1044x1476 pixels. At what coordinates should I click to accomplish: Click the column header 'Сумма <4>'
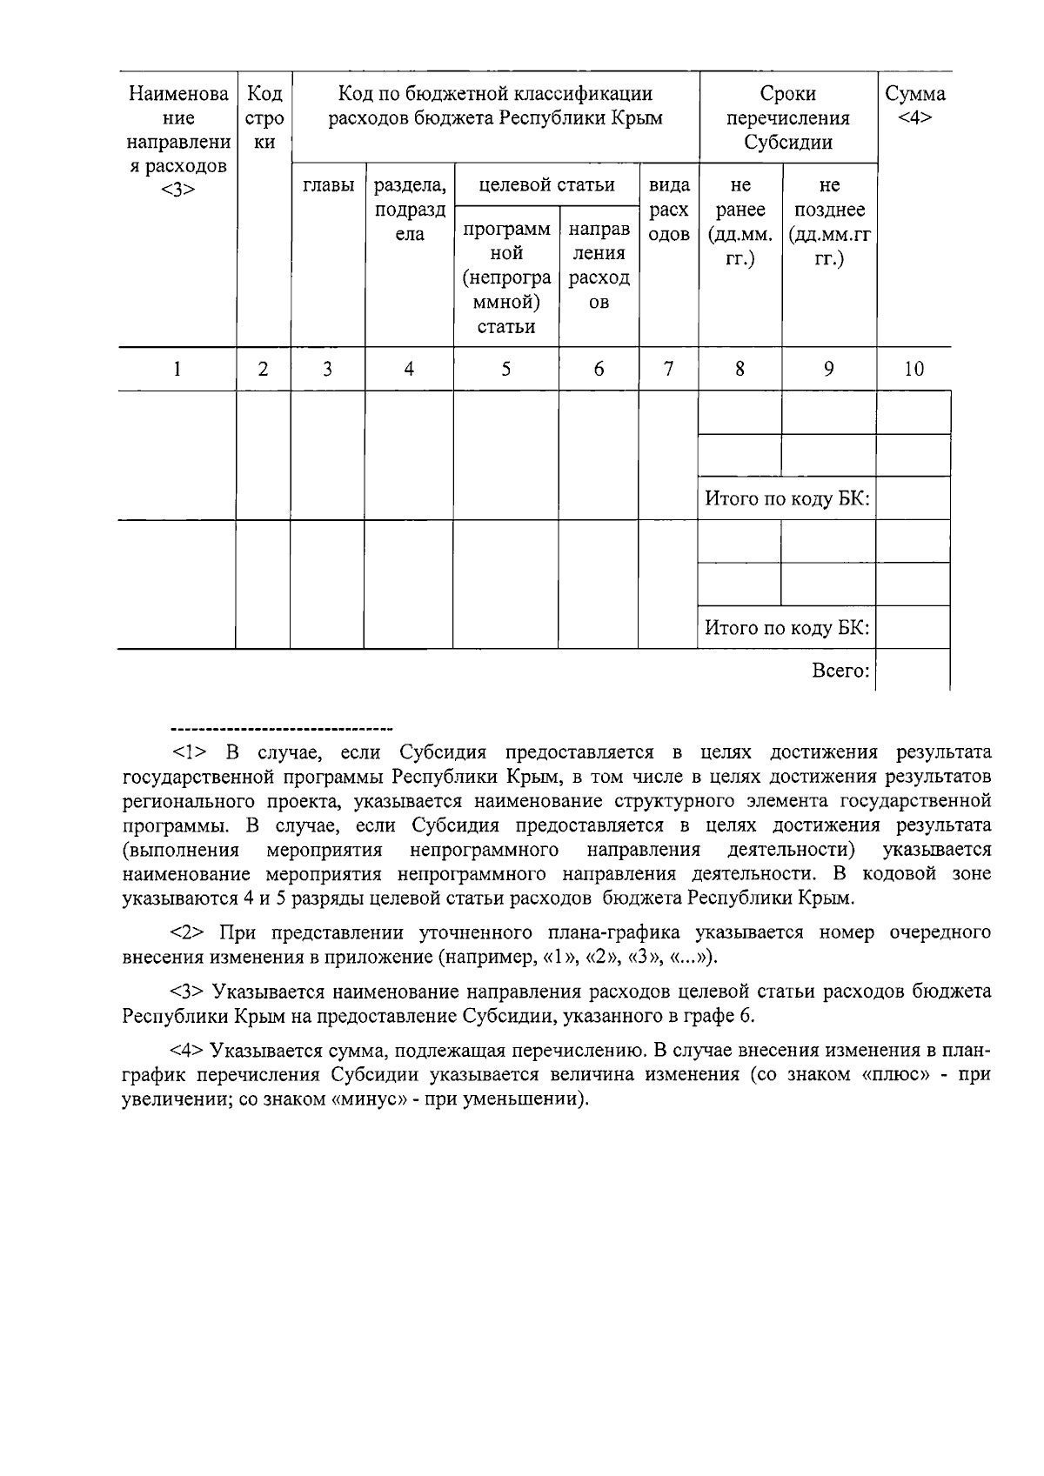914,105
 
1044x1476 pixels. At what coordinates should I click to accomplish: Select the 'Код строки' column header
264,117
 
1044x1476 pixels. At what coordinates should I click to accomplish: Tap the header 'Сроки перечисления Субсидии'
787,117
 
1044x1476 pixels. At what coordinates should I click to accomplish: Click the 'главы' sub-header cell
328,185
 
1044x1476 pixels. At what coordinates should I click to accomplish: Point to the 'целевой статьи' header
547,184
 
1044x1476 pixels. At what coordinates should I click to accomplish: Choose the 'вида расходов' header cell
668,210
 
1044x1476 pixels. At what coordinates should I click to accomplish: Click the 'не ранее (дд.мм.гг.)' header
740,222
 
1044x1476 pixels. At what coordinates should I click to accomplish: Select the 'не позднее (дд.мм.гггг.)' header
830,222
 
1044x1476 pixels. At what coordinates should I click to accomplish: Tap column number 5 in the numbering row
505,369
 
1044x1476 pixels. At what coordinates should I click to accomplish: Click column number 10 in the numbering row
913,369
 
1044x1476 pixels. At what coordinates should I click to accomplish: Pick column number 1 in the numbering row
177,369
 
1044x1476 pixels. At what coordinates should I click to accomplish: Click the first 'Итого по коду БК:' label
786,499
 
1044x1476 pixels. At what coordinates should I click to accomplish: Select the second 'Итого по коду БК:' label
786,628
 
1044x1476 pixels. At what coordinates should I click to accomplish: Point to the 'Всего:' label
840,671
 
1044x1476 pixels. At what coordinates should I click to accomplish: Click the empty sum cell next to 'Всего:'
913,671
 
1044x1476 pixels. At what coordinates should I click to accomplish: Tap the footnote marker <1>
188,752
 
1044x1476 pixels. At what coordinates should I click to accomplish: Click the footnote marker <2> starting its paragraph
188,933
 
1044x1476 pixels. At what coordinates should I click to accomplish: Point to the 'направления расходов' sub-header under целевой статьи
599,265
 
